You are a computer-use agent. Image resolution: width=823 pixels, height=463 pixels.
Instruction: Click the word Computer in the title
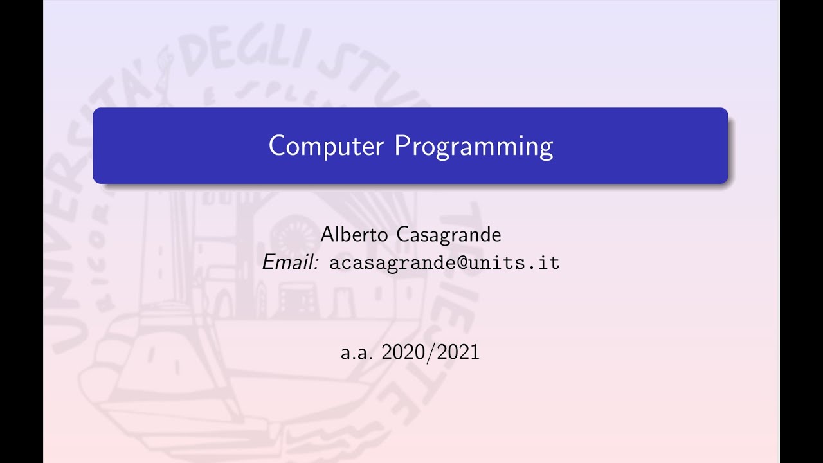point(327,147)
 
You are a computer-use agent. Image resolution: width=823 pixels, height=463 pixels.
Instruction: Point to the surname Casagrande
point(448,235)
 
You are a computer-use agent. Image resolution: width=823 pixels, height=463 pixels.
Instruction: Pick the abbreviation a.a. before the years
point(357,352)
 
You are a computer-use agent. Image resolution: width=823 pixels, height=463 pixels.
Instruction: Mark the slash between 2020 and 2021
point(431,352)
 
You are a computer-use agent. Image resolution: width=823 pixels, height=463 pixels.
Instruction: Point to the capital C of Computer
point(276,146)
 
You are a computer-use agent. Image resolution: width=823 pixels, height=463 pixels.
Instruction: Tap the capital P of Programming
point(401,146)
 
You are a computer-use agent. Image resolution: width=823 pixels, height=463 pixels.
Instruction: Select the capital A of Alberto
point(327,235)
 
